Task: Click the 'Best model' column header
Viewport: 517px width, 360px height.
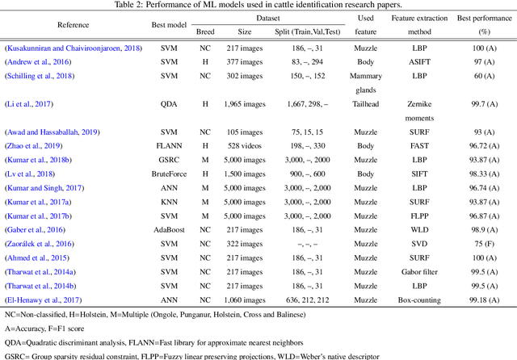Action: pos(169,24)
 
